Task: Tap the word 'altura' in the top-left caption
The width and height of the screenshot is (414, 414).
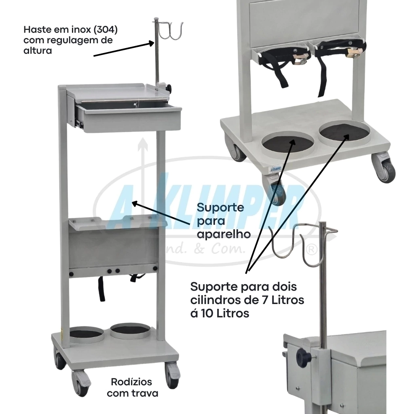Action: [38, 51]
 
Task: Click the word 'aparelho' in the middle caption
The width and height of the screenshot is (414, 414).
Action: [224, 234]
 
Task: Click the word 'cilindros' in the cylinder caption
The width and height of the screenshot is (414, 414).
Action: [217, 300]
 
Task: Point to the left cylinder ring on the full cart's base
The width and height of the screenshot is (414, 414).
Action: [86, 335]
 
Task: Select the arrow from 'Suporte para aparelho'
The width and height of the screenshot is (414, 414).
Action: [161, 213]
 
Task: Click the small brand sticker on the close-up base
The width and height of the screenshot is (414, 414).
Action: [275, 169]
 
